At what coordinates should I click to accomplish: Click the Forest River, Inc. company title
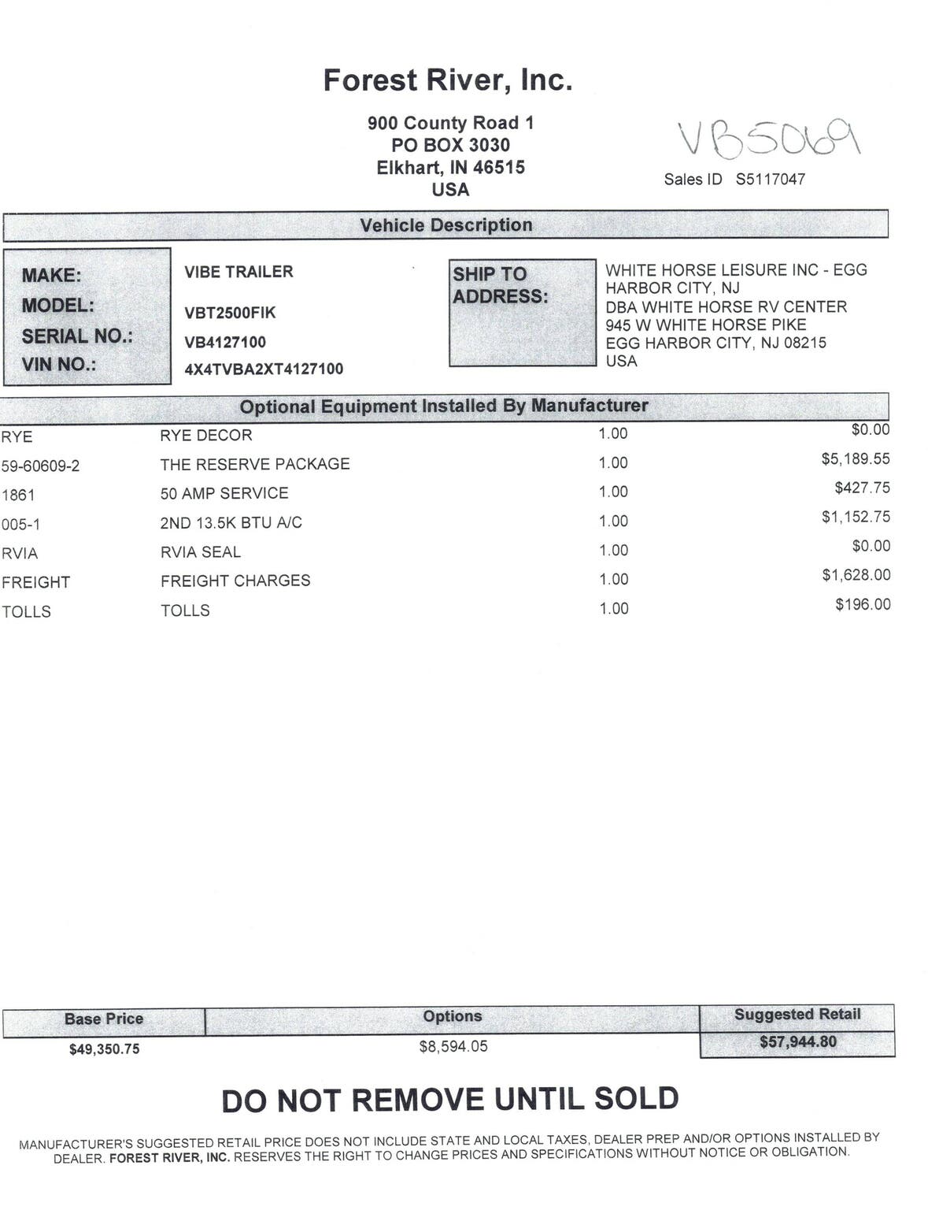point(447,80)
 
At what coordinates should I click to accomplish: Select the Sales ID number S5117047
point(770,180)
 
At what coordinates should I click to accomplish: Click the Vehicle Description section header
point(446,225)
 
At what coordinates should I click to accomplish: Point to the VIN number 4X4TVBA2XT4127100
point(264,369)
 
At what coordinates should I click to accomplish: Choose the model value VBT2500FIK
point(230,313)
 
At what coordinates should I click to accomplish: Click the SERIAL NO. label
point(77,336)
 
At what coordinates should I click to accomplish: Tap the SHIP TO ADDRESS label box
point(522,312)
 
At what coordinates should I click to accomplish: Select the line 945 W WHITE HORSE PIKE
point(705,325)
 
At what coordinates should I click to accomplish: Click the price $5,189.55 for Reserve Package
point(856,458)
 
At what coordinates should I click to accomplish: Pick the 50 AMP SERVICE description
point(224,493)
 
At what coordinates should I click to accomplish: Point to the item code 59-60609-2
point(41,466)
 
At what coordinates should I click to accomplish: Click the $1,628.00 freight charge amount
point(856,575)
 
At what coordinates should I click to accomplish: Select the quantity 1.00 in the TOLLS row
point(613,608)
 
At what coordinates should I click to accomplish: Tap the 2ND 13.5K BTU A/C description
point(231,522)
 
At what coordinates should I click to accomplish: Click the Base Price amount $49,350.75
point(104,1049)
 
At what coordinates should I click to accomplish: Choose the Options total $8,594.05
point(453,1046)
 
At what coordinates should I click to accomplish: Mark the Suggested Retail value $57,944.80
point(797,1042)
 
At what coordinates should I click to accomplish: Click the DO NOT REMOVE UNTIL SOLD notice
point(450,1100)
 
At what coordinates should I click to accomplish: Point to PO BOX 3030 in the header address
point(450,145)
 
